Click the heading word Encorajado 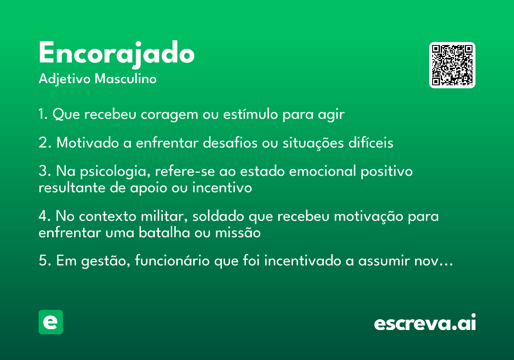coord(117,54)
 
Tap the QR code coord(452,65)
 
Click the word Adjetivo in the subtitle coord(65,79)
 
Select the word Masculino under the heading coord(126,78)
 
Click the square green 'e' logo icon coord(51,322)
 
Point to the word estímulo coord(250,114)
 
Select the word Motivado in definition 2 coord(88,142)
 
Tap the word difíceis coord(371,142)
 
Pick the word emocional coord(322,171)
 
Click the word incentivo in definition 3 coord(222,187)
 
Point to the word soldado coord(218,216)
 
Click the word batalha coord(164,232)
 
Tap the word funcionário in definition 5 coord(172,261)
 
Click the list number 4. coord(43,216)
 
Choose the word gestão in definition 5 coord(105,261)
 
